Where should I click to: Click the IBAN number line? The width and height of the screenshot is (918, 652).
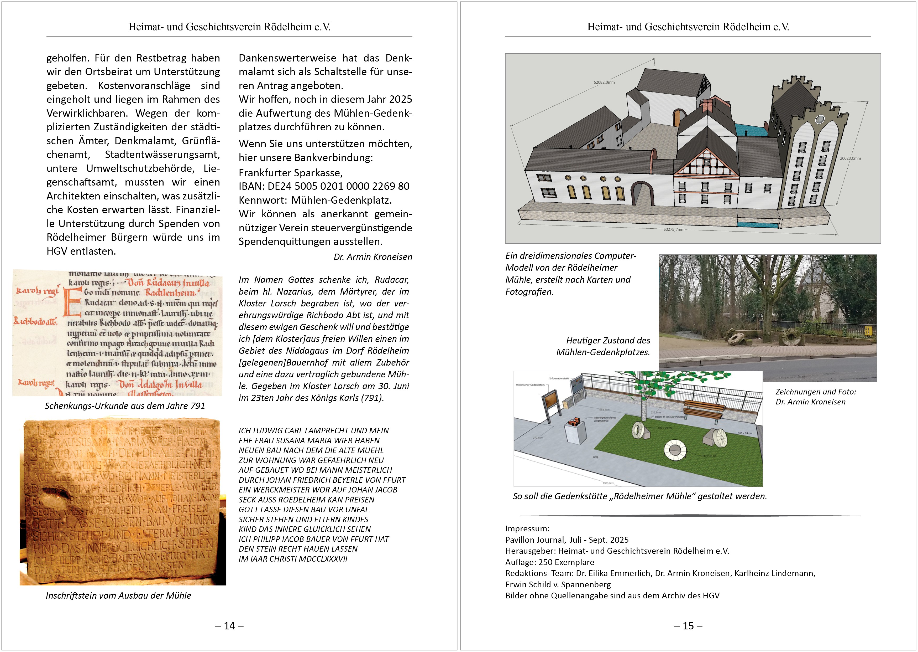coord(324,186)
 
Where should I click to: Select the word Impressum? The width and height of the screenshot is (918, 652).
coord(527,529)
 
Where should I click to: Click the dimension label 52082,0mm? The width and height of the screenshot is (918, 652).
coord(604,82)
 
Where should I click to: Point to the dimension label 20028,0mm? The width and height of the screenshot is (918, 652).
coord(850,158)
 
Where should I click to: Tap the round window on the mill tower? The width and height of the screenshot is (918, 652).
coord(820,119)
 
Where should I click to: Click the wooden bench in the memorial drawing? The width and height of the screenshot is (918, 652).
coord(704,409)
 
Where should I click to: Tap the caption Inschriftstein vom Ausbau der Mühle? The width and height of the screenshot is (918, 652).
coord(118,596)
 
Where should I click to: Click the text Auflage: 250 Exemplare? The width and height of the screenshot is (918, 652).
coord(549,562)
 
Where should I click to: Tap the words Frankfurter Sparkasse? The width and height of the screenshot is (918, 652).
coord(290,173)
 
